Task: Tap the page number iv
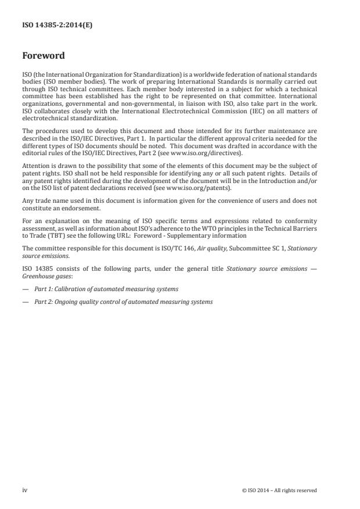coord(25,490)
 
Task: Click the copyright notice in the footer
coord(279,490)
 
